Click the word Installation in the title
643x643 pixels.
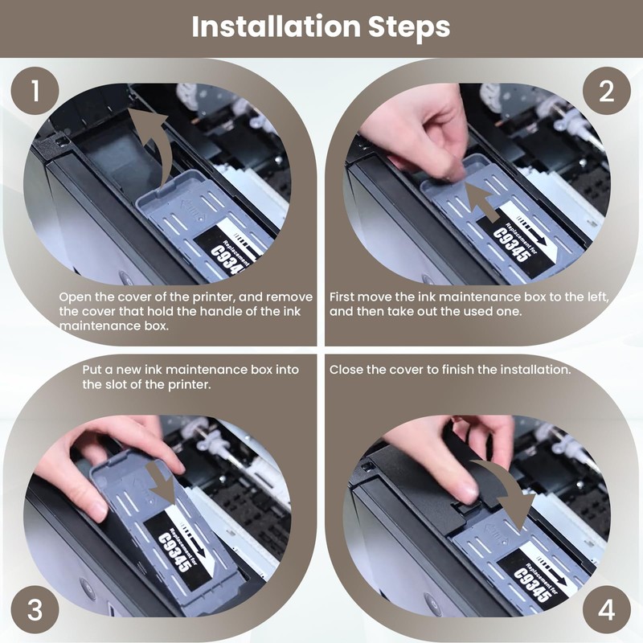point(276,27)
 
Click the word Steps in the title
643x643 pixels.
point(409,28)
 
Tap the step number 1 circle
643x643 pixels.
point(35,91)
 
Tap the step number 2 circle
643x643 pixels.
point(607,91)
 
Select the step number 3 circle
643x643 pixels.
point(35,609)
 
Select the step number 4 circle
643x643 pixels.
point(607,609)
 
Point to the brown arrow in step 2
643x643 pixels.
point(484,201)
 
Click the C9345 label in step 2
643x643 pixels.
point(511,245)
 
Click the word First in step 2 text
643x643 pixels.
point(342,297)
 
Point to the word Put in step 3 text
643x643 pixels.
point(92,370)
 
